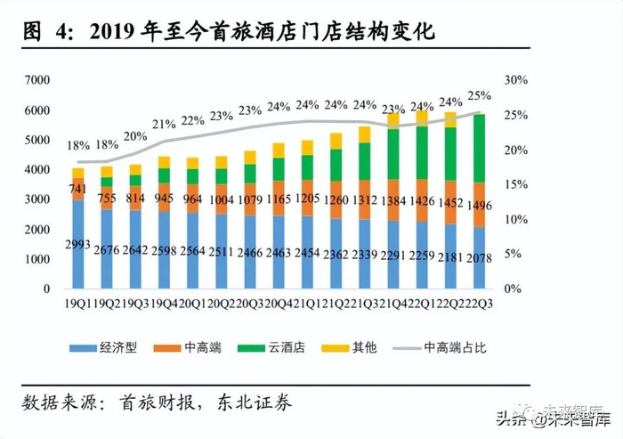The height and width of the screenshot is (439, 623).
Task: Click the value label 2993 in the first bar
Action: pyautogui.click(x=78, y=244)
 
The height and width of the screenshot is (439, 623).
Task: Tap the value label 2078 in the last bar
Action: pyautogui.click(x=479, y=257)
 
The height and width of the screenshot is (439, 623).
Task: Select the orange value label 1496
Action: pyautogui.click(x=479, y=207)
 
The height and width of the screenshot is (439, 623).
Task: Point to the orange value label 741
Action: pyautogui.click(x=78, y=189)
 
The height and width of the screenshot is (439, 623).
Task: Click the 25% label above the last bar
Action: pyautogui.click(x=479, y=95)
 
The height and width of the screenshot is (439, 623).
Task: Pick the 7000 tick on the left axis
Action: pyautogui.click(x=37, y=80)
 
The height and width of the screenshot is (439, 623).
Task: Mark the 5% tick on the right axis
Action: pyautogui.click(x=511, y=255)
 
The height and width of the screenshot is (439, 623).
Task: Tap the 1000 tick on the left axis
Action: pyautogui.click(x=37, y=259)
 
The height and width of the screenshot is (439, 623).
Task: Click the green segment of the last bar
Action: pyautogui.click(x=479, y=148)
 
